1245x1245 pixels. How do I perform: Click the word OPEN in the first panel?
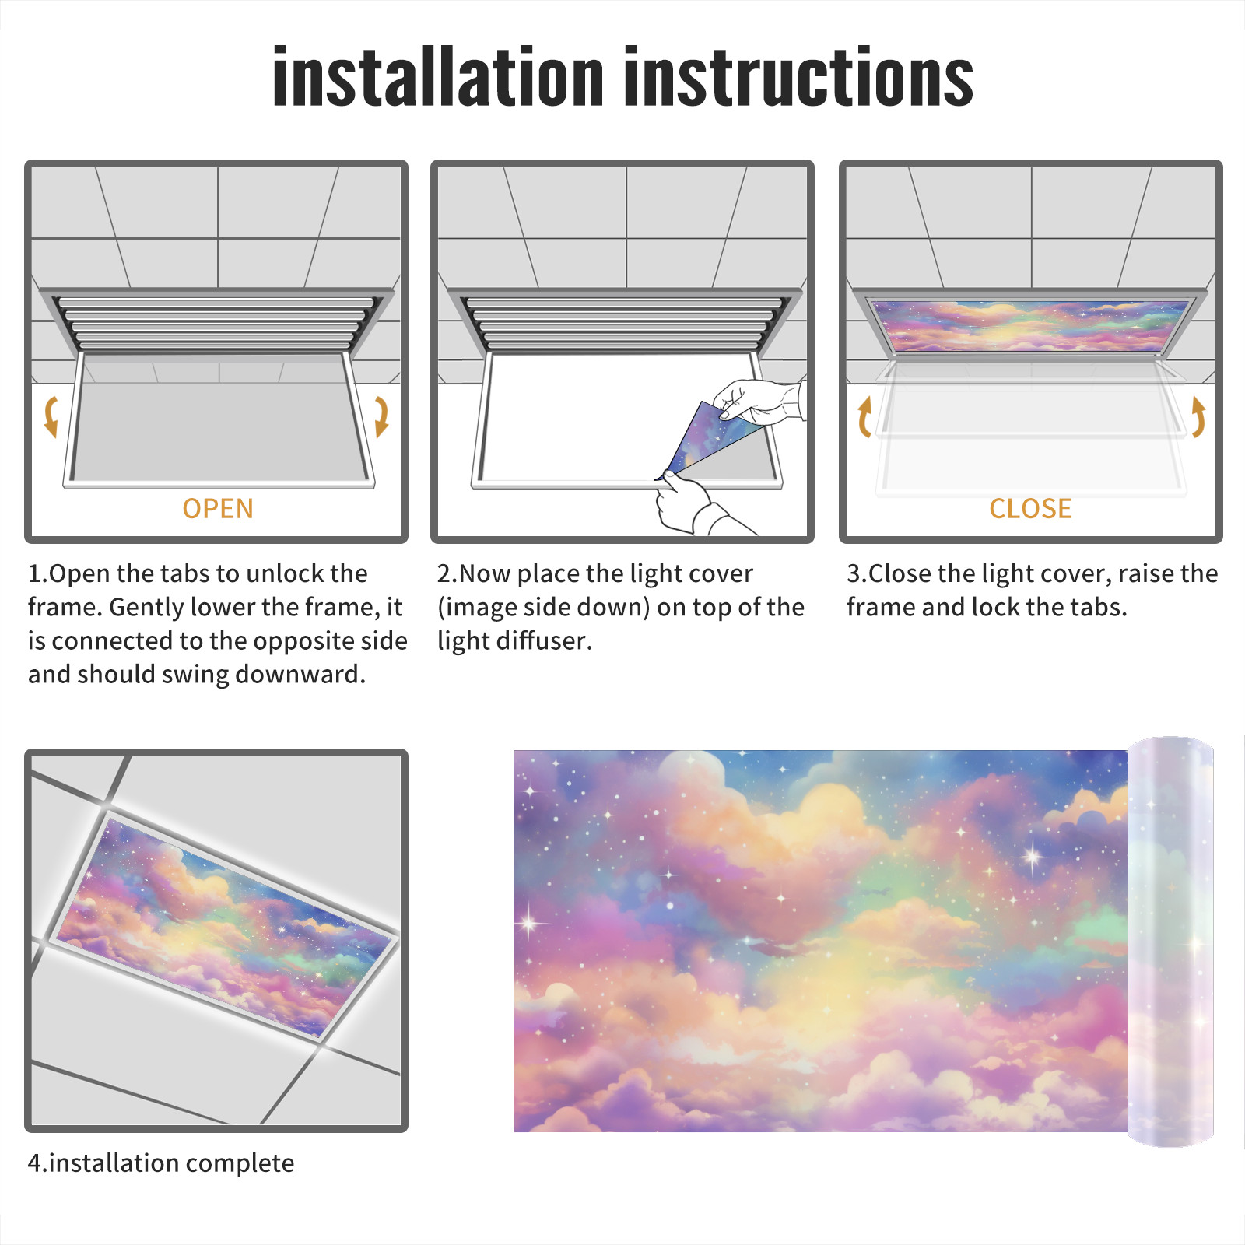218,509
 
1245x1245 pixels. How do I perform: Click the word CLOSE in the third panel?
1030,509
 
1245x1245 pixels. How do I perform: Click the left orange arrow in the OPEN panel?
51,416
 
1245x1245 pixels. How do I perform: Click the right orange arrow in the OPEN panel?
381,416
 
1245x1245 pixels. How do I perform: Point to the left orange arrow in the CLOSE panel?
864,416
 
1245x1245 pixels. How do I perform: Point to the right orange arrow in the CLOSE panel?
1198,416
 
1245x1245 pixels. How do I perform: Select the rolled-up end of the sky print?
1170,942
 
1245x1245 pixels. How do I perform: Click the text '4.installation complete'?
161,1163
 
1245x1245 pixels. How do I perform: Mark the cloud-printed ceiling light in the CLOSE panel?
1030,324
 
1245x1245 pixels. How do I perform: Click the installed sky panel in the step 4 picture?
224,925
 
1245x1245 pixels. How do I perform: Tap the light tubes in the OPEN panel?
216,322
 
